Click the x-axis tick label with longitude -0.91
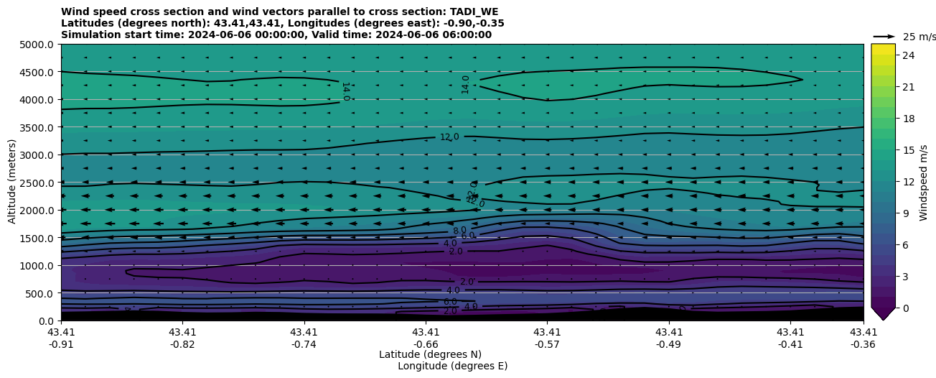click(61, 338)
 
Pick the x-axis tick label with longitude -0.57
click(547, 338)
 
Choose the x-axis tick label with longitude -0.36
click(864, 338)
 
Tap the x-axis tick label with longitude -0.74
click(304, 338)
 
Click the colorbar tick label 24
click(908, 55)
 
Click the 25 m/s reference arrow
click(884, 36)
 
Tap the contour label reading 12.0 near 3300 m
click(449, 137)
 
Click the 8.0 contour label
click(459, 231)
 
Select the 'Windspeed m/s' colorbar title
click(924, 183)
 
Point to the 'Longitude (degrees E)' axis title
click(452, 366)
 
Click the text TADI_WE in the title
click(470, 11)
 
